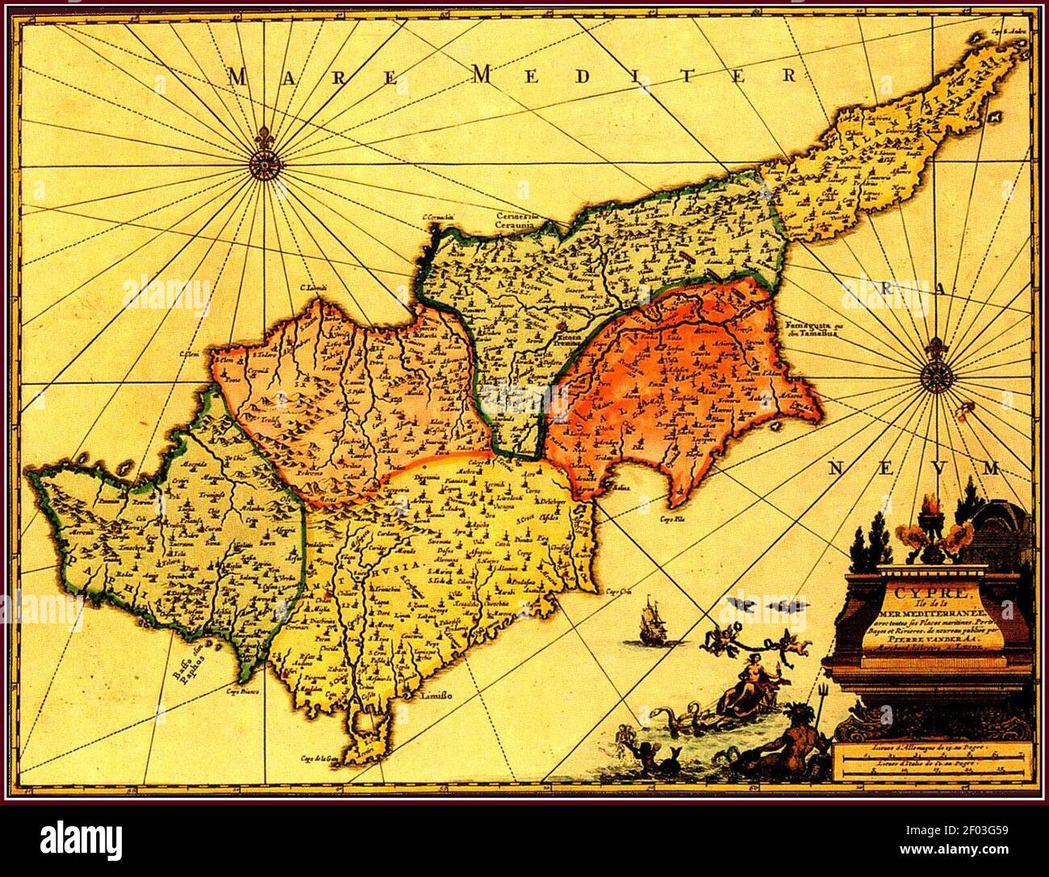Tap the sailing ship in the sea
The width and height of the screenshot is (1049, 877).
pos(650,625)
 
